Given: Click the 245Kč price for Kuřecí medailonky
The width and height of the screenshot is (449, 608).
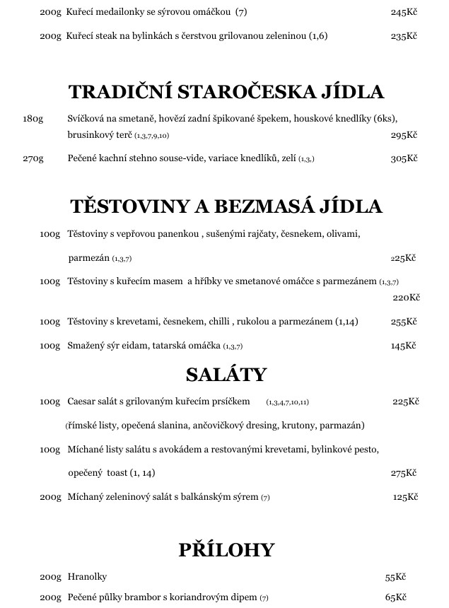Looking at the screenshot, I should tap(404, 12).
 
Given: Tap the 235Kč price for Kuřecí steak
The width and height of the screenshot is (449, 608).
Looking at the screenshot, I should tap(404, 35).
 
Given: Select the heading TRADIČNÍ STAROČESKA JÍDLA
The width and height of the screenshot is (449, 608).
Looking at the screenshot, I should tap(226, 92).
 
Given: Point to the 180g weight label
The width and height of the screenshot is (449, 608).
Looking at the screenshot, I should tap(33, 119).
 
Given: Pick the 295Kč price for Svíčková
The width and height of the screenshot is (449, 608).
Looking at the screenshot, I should tap(404, 135).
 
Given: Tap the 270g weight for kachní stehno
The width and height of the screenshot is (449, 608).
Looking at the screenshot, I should tap(33, 158).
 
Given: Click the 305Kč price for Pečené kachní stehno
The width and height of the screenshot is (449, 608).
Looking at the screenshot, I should tap(404, 158).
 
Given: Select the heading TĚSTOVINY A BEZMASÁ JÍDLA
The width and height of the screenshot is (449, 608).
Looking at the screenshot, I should tap(226, 206).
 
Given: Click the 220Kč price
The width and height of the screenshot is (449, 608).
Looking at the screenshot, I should tap(406, 298).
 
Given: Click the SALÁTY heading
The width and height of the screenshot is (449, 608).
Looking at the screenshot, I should tap(226, 374).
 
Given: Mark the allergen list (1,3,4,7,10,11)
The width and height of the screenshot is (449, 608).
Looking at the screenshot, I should tap(287, 402).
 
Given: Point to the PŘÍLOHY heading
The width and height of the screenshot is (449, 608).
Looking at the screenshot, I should tap(226, 550).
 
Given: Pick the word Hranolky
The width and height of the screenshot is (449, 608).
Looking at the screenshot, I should tap(87, 577).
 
